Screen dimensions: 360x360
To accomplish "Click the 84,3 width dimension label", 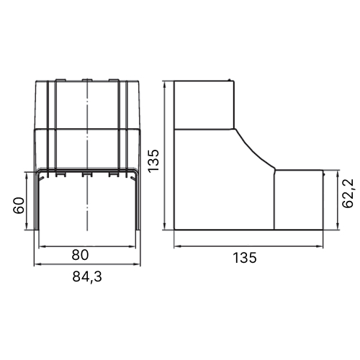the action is [x=87, y=276].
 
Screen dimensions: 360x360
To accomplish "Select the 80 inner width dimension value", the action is [x=80, y=255].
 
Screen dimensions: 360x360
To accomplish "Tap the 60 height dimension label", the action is [x=19, y=205].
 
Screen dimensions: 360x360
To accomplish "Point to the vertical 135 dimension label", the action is [x=153, y=161].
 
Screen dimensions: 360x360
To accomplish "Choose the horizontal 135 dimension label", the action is [x=245, y=258].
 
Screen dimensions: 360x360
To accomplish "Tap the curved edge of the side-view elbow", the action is [x=254, y=149].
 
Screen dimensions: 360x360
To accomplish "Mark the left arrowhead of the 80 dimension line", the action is [x=42, y=246].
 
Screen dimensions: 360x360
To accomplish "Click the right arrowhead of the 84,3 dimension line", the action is [x=138, y=264].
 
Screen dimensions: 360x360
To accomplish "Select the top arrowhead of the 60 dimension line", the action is [x=27, y=175].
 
